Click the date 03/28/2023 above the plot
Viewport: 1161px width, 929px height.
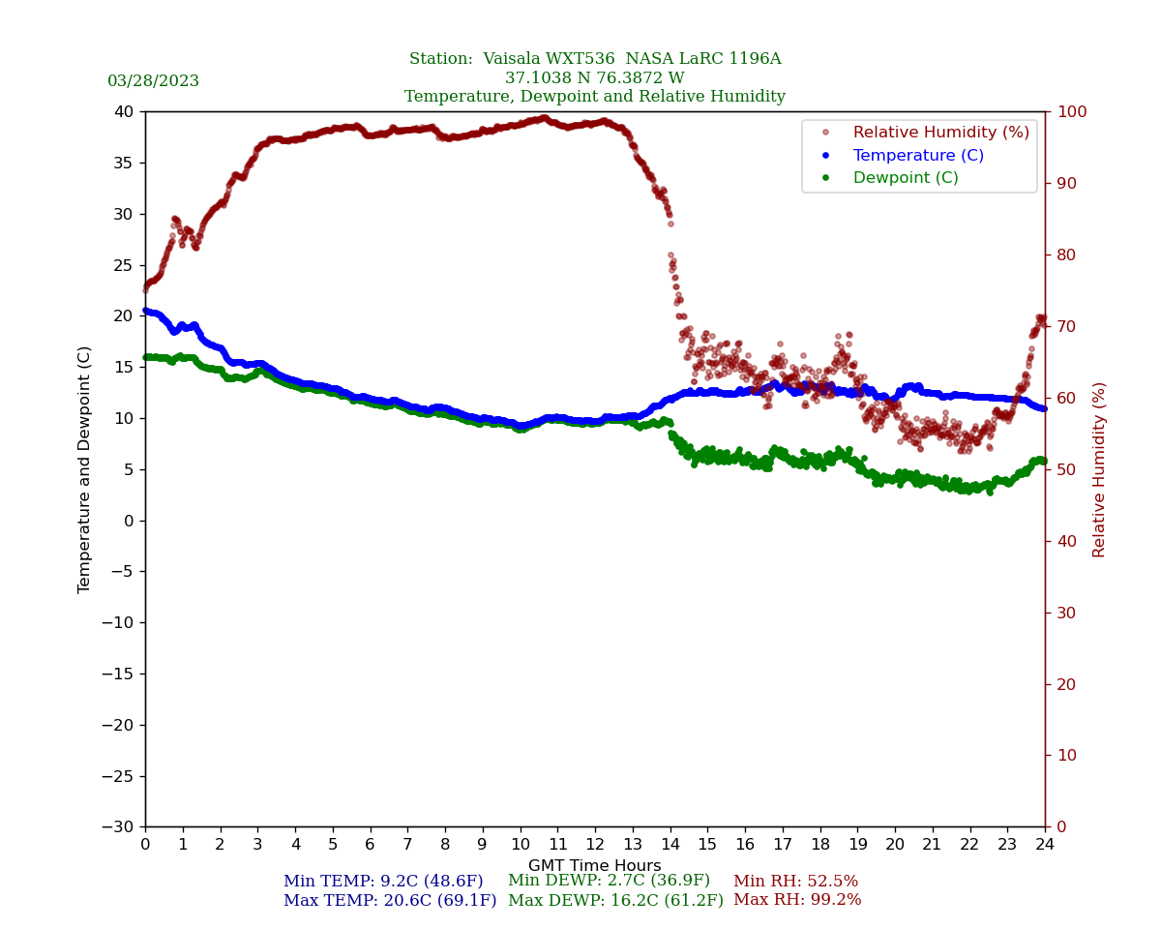[x=153, y=81]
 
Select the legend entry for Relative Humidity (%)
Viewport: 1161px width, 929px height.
[x=940, y=133]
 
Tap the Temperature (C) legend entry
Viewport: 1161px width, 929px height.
[x=917, y=156]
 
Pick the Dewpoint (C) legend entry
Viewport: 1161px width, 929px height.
[x=905, y=178]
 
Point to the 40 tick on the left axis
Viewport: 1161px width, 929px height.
[x=124, y=112]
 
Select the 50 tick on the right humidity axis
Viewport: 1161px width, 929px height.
[x=1065, y=469]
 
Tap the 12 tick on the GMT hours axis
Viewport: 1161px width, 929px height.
[x=595, y=845]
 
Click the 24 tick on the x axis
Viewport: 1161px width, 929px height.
[x=1045, y=845]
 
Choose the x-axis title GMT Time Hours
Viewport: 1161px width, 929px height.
[x=594, y=866]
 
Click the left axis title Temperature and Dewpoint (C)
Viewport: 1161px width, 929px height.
[x=85, y=469]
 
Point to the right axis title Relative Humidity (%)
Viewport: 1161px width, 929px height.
[x=1099, y=469]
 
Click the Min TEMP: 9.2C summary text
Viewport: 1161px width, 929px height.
[x=383, y=882]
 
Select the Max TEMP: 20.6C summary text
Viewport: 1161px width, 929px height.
[x=389, y=901]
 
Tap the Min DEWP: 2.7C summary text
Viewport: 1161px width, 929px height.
[x=609, y=881]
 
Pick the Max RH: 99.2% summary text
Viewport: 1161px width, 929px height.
[x=796, y=900]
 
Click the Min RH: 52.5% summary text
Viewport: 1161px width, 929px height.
[x=795, y=882]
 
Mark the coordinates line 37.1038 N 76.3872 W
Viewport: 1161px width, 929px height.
[x=594, y=78]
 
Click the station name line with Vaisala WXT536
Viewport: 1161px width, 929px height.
[x=594, y=59]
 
